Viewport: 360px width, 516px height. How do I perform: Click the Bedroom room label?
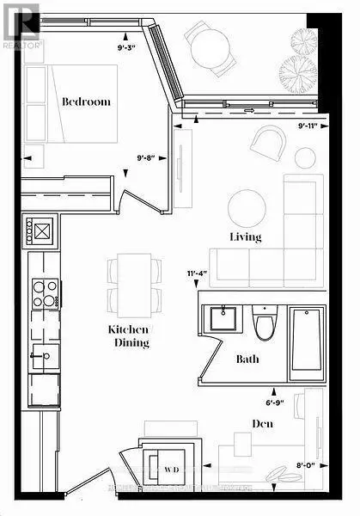tap(86, 101)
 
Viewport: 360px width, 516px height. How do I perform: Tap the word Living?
tap(245, 236)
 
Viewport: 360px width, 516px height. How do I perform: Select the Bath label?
tap(247, 359)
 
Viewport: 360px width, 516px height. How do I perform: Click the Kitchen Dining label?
tap(129, 336)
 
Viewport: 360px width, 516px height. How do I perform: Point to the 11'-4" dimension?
tap(198, 275)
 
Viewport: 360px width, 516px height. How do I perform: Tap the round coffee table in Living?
tap(247, 207)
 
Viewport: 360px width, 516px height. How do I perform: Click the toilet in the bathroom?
tap(265, 324)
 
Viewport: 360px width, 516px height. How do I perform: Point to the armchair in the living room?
tap(272, 141)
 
